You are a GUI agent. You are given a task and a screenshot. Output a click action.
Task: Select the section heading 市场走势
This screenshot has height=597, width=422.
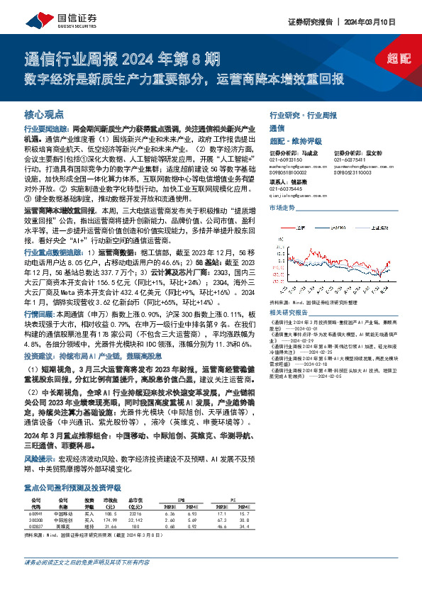coord(282,208)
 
